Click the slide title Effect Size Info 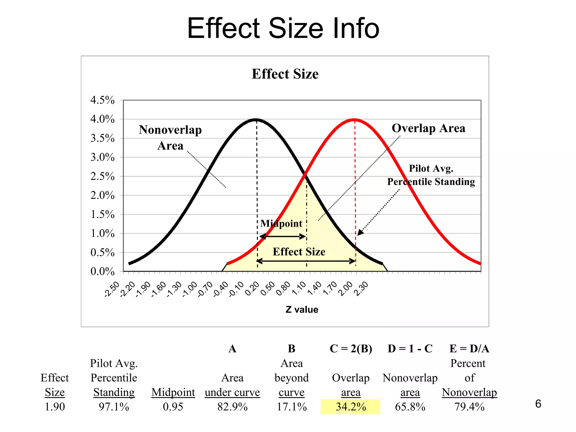283,28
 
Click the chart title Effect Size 285,74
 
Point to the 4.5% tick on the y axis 102,100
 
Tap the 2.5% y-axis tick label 102,176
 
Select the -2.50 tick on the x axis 112,289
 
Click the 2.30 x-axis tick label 361,289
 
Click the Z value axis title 302,309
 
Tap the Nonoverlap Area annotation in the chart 170,138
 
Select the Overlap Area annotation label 428,128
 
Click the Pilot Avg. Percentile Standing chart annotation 431,175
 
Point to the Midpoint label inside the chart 281,224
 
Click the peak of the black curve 256,119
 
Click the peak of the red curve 354,119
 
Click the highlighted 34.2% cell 350,407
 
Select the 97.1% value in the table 114,407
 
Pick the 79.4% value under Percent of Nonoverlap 469,407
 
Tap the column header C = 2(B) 351,349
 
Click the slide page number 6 538,404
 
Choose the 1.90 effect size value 55,407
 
